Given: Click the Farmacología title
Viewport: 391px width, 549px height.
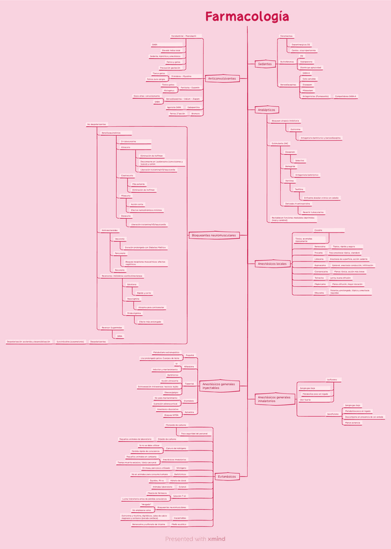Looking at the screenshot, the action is tap(247, 17).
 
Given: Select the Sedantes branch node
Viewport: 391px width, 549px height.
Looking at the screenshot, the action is tap(265, 63).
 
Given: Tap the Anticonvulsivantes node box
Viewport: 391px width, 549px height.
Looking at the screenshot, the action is tap(221, 78).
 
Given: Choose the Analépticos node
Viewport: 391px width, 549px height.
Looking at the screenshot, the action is tap(267, 110).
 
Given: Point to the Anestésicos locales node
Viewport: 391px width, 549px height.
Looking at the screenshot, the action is tap(272, 264).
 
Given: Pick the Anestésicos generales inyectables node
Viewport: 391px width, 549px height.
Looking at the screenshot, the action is tap(219, 386).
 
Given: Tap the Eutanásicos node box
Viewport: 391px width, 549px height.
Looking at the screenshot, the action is tap(227, 476).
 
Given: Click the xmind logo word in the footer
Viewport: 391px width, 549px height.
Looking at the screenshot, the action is tap(217, 538).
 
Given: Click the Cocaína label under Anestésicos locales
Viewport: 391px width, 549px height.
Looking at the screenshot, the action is tap(318, 230).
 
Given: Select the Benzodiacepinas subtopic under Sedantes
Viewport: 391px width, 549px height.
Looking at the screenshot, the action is tap(289, 84).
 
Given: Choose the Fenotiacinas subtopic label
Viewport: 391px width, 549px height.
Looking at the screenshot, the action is tap(286, 36).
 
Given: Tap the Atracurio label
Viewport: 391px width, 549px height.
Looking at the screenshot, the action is tap(124, 148).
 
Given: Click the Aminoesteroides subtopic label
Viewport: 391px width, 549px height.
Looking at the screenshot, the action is tap(110, 230).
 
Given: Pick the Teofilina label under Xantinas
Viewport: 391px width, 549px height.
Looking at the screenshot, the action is tap(299, 189).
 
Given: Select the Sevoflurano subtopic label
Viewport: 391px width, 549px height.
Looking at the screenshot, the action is tap(332, 379).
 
